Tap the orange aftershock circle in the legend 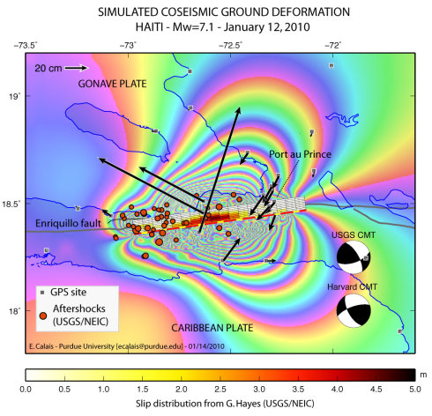(x=43, y=316)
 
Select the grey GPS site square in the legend (x=42, y=291)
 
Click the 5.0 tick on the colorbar (x=415, y=388)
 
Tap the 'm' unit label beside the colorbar (x=423, y=374)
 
